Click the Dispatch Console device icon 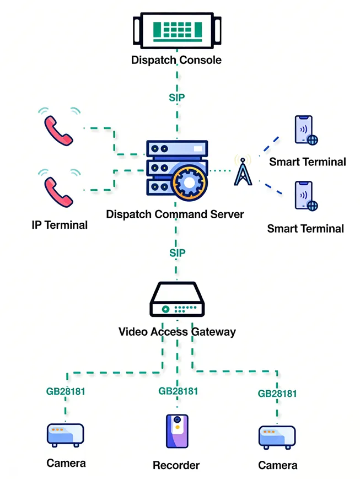tap(176, 31)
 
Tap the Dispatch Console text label tap(176, 60)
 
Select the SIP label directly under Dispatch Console tap(176, 98)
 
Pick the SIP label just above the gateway tap(176, 252)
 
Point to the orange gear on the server tap(190, 180)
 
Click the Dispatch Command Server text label tap(175, 214)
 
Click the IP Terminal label tap(60, 224)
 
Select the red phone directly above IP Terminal tap(58, 191)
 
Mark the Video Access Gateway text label tap(177, 332)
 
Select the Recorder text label tap(176, 465)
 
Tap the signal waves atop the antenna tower tap(243, 160)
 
